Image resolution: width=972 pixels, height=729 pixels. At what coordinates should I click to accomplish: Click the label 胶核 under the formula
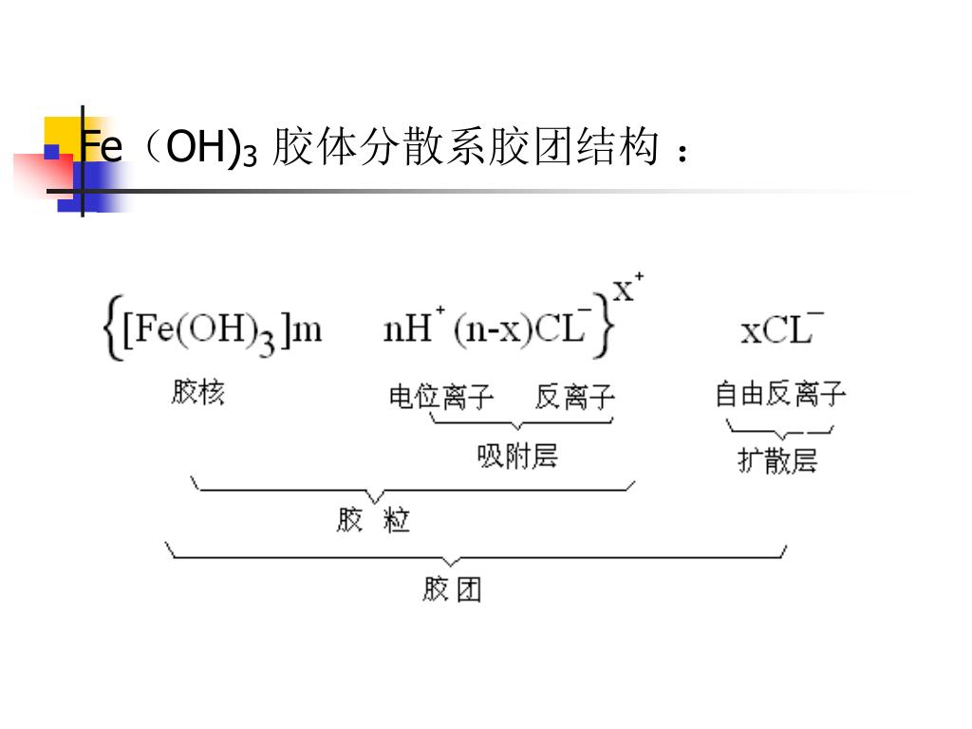(198, 392)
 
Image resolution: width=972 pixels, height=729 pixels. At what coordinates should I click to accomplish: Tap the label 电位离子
(441, 396)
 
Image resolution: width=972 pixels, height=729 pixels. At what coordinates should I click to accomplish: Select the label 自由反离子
(780, 394)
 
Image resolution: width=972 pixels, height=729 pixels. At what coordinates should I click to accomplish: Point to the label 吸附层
(517, 458)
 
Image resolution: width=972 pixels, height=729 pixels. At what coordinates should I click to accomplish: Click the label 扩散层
(777, 461)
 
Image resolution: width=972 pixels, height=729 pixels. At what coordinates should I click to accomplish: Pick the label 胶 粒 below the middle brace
(373, 520)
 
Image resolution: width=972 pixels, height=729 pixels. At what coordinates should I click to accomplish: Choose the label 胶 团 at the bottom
(452, 589)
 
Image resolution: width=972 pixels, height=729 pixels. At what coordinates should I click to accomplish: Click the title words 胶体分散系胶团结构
(465, 148)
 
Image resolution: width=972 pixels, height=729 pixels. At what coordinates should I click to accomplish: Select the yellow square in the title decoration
(63, 133)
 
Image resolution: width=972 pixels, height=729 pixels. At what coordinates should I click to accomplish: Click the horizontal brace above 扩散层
(779, 432)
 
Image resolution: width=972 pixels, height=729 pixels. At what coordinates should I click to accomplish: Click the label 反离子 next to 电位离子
(574, 396)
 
